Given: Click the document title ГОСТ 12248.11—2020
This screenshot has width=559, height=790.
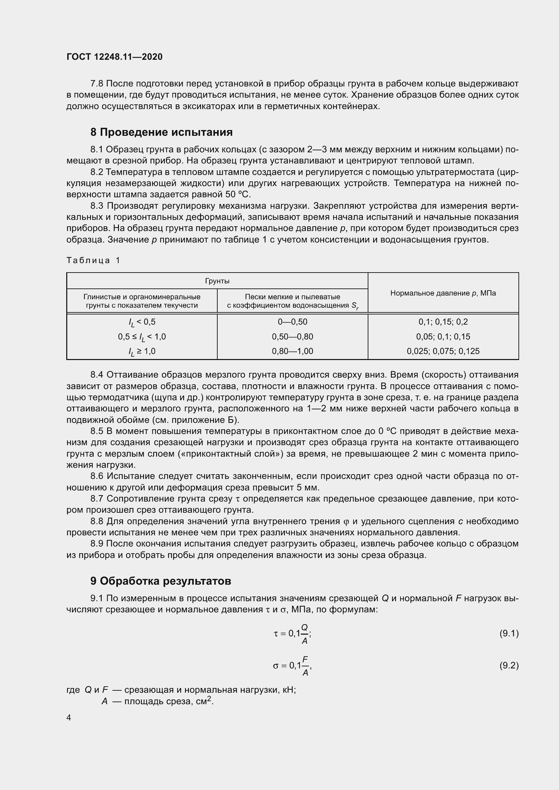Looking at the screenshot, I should pos(114,57).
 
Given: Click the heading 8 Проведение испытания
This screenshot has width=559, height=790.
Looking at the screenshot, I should pos(162,132).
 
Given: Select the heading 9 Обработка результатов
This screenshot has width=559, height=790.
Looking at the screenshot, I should pos(161,581).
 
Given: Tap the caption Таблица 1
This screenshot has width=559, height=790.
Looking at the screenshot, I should pos(93,260).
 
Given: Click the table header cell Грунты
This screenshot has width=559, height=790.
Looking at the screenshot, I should pos(217,281).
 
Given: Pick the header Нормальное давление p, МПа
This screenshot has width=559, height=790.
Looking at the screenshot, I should pos(443,293).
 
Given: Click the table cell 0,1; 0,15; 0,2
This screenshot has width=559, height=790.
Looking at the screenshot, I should pos(443,322).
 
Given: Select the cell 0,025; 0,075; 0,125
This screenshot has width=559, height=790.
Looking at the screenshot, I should pos(443,351).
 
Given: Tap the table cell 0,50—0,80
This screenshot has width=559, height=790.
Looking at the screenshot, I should pos(292,336).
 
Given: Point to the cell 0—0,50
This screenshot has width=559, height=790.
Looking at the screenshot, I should pos(292,322).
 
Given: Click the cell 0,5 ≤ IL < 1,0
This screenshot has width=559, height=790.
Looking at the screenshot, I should pos(142,337).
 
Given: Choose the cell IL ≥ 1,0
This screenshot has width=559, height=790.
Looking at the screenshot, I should pos(142,352).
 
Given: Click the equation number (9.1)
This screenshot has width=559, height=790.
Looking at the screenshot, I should pos(509,633).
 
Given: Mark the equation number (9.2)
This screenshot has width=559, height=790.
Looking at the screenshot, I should pos(509,665).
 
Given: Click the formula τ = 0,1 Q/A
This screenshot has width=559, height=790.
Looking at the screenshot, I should pos(292,633).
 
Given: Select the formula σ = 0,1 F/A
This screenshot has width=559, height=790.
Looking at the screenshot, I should pos(292,666).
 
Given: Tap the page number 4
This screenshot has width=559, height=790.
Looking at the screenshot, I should pos(69,717).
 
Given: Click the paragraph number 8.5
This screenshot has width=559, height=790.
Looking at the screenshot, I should pos(97,431).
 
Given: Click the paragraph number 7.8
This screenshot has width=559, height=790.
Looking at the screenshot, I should pos(97,84).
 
